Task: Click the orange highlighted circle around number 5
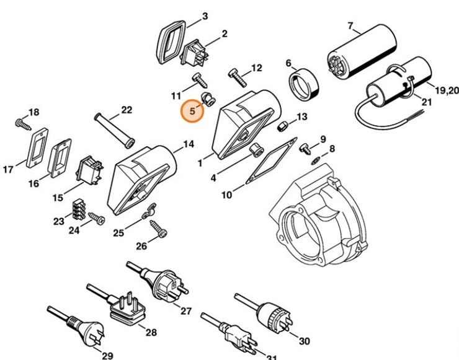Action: pyautogui.click(x=192, y=112)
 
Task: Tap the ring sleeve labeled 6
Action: pyautogui.click(x=304, y=84)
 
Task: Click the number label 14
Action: pyautogui.click(x=188, y=144)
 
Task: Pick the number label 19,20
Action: pyautogui.click(x=446, y=90)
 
